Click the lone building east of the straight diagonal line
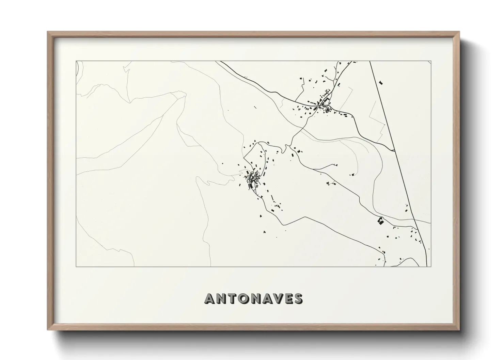[x=381, y=82]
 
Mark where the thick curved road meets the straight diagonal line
[x=394, y=150]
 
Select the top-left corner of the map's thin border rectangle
[x=76, y=61]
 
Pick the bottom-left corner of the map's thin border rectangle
[x=76, y=266]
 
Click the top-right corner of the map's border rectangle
[x=431, y=61]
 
